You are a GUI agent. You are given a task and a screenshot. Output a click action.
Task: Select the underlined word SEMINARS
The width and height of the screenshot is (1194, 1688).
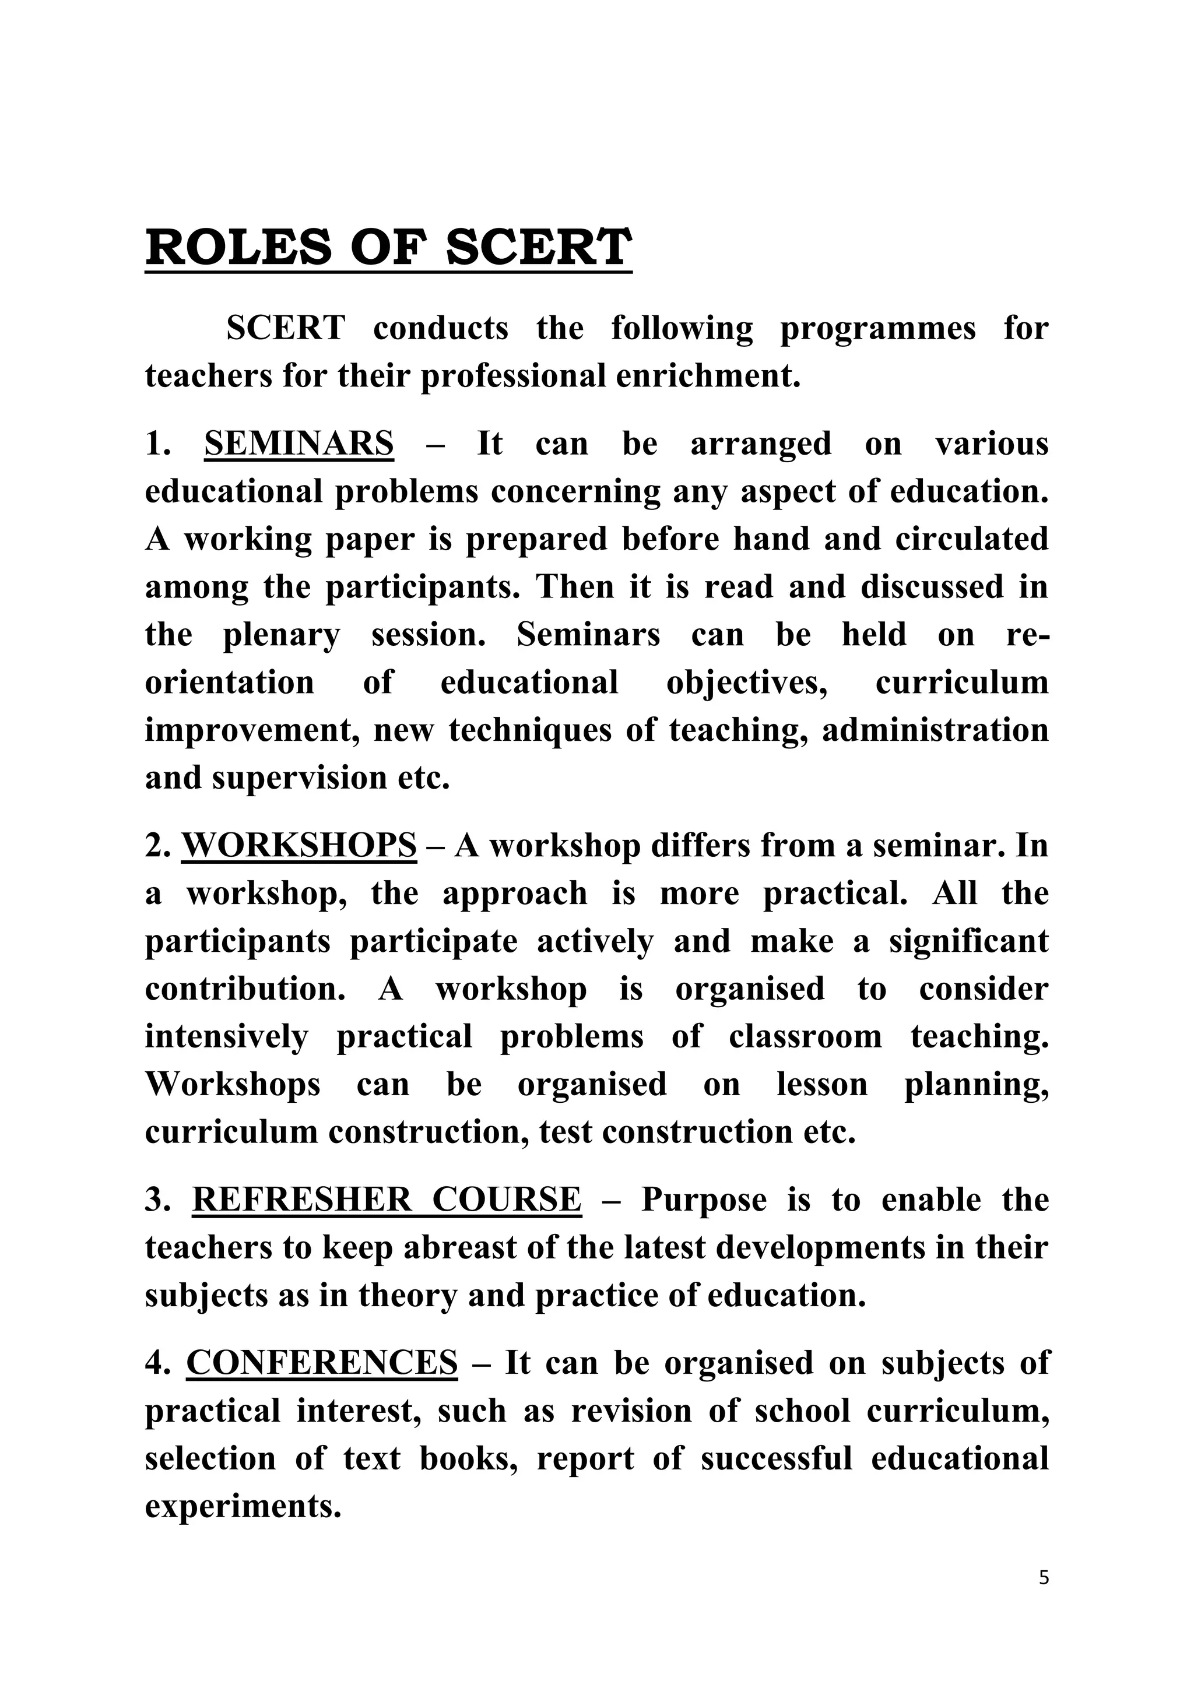tap(298, 444)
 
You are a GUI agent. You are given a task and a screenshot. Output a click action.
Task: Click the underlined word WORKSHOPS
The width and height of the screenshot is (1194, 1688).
tap(299, 846)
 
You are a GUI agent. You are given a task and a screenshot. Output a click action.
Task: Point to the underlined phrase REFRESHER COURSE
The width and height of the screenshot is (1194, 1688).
tap(387, 1200)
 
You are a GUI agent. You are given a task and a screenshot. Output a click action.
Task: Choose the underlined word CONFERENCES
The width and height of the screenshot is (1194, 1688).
tap(322, 1363)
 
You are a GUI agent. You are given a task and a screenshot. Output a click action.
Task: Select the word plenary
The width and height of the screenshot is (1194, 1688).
tap(282, 635)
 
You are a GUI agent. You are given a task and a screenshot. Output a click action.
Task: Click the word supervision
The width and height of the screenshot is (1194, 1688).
tap(299, 778)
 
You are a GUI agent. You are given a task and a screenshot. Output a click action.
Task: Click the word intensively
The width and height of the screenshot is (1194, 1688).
tap(226, 1036)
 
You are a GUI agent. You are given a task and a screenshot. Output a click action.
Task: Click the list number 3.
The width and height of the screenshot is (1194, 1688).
tap(156, 1200)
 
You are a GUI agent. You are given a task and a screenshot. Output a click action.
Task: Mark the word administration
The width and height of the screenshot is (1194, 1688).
tap(935, 731)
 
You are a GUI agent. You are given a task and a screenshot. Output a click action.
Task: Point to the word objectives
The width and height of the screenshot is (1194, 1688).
tap(747, 683)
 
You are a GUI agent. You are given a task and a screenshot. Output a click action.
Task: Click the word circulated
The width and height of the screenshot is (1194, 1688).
tap(971, 540)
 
